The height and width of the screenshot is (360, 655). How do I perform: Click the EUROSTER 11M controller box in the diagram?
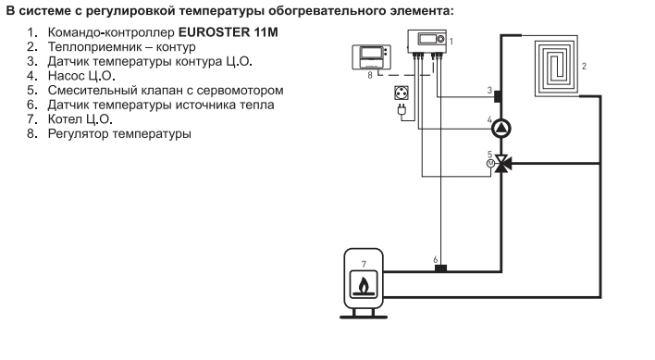428,43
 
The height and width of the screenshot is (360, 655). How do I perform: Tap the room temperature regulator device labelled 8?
371,58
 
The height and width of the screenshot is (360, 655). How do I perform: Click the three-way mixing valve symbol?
502,164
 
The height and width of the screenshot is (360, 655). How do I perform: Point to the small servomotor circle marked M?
490,164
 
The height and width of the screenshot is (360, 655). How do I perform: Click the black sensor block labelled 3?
499,95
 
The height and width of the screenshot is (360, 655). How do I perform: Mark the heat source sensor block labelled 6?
441,268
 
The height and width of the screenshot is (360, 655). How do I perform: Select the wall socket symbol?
403,93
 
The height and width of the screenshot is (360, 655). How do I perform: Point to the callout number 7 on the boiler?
364,264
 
